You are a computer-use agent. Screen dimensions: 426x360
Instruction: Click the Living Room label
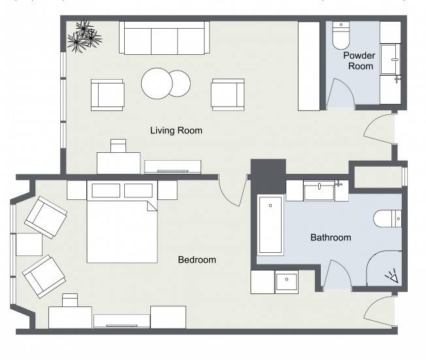click(x=176, y=131)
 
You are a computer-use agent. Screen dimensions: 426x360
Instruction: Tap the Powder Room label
click(x=359, y=61)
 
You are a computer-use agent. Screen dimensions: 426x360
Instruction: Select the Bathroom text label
click(x=331, y=237)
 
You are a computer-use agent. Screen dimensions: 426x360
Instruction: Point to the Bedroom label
click(x=197, y=260)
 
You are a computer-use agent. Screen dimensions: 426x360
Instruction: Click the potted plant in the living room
click(x=84, y=37)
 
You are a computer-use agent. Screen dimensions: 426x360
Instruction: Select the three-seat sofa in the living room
click(x=165, y=38)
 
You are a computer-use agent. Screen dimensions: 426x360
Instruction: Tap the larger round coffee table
click(x=157, y=84)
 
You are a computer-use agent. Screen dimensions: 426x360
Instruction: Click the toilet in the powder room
click(x=341, y=35)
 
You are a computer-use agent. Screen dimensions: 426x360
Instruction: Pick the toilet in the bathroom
click(x=387, y=218)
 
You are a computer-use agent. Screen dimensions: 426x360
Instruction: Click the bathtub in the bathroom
click(x=270, y=225)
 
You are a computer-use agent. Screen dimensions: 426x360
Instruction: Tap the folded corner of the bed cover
click(x=152, y=206)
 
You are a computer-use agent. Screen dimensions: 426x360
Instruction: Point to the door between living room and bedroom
click(x=233, y=192)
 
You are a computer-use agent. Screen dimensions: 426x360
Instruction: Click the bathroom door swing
click(x=337, y=273)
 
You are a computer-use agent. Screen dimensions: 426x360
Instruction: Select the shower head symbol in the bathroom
click(x=392, y=276)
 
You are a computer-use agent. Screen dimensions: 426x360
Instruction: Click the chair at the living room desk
click(x=118, y=146)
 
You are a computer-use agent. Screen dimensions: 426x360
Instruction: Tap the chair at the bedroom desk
click(x=70, y=300)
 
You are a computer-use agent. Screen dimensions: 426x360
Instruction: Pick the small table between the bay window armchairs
click(x=29, y=244)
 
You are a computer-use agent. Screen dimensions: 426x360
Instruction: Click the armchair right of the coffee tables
click(x=227, y=95)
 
